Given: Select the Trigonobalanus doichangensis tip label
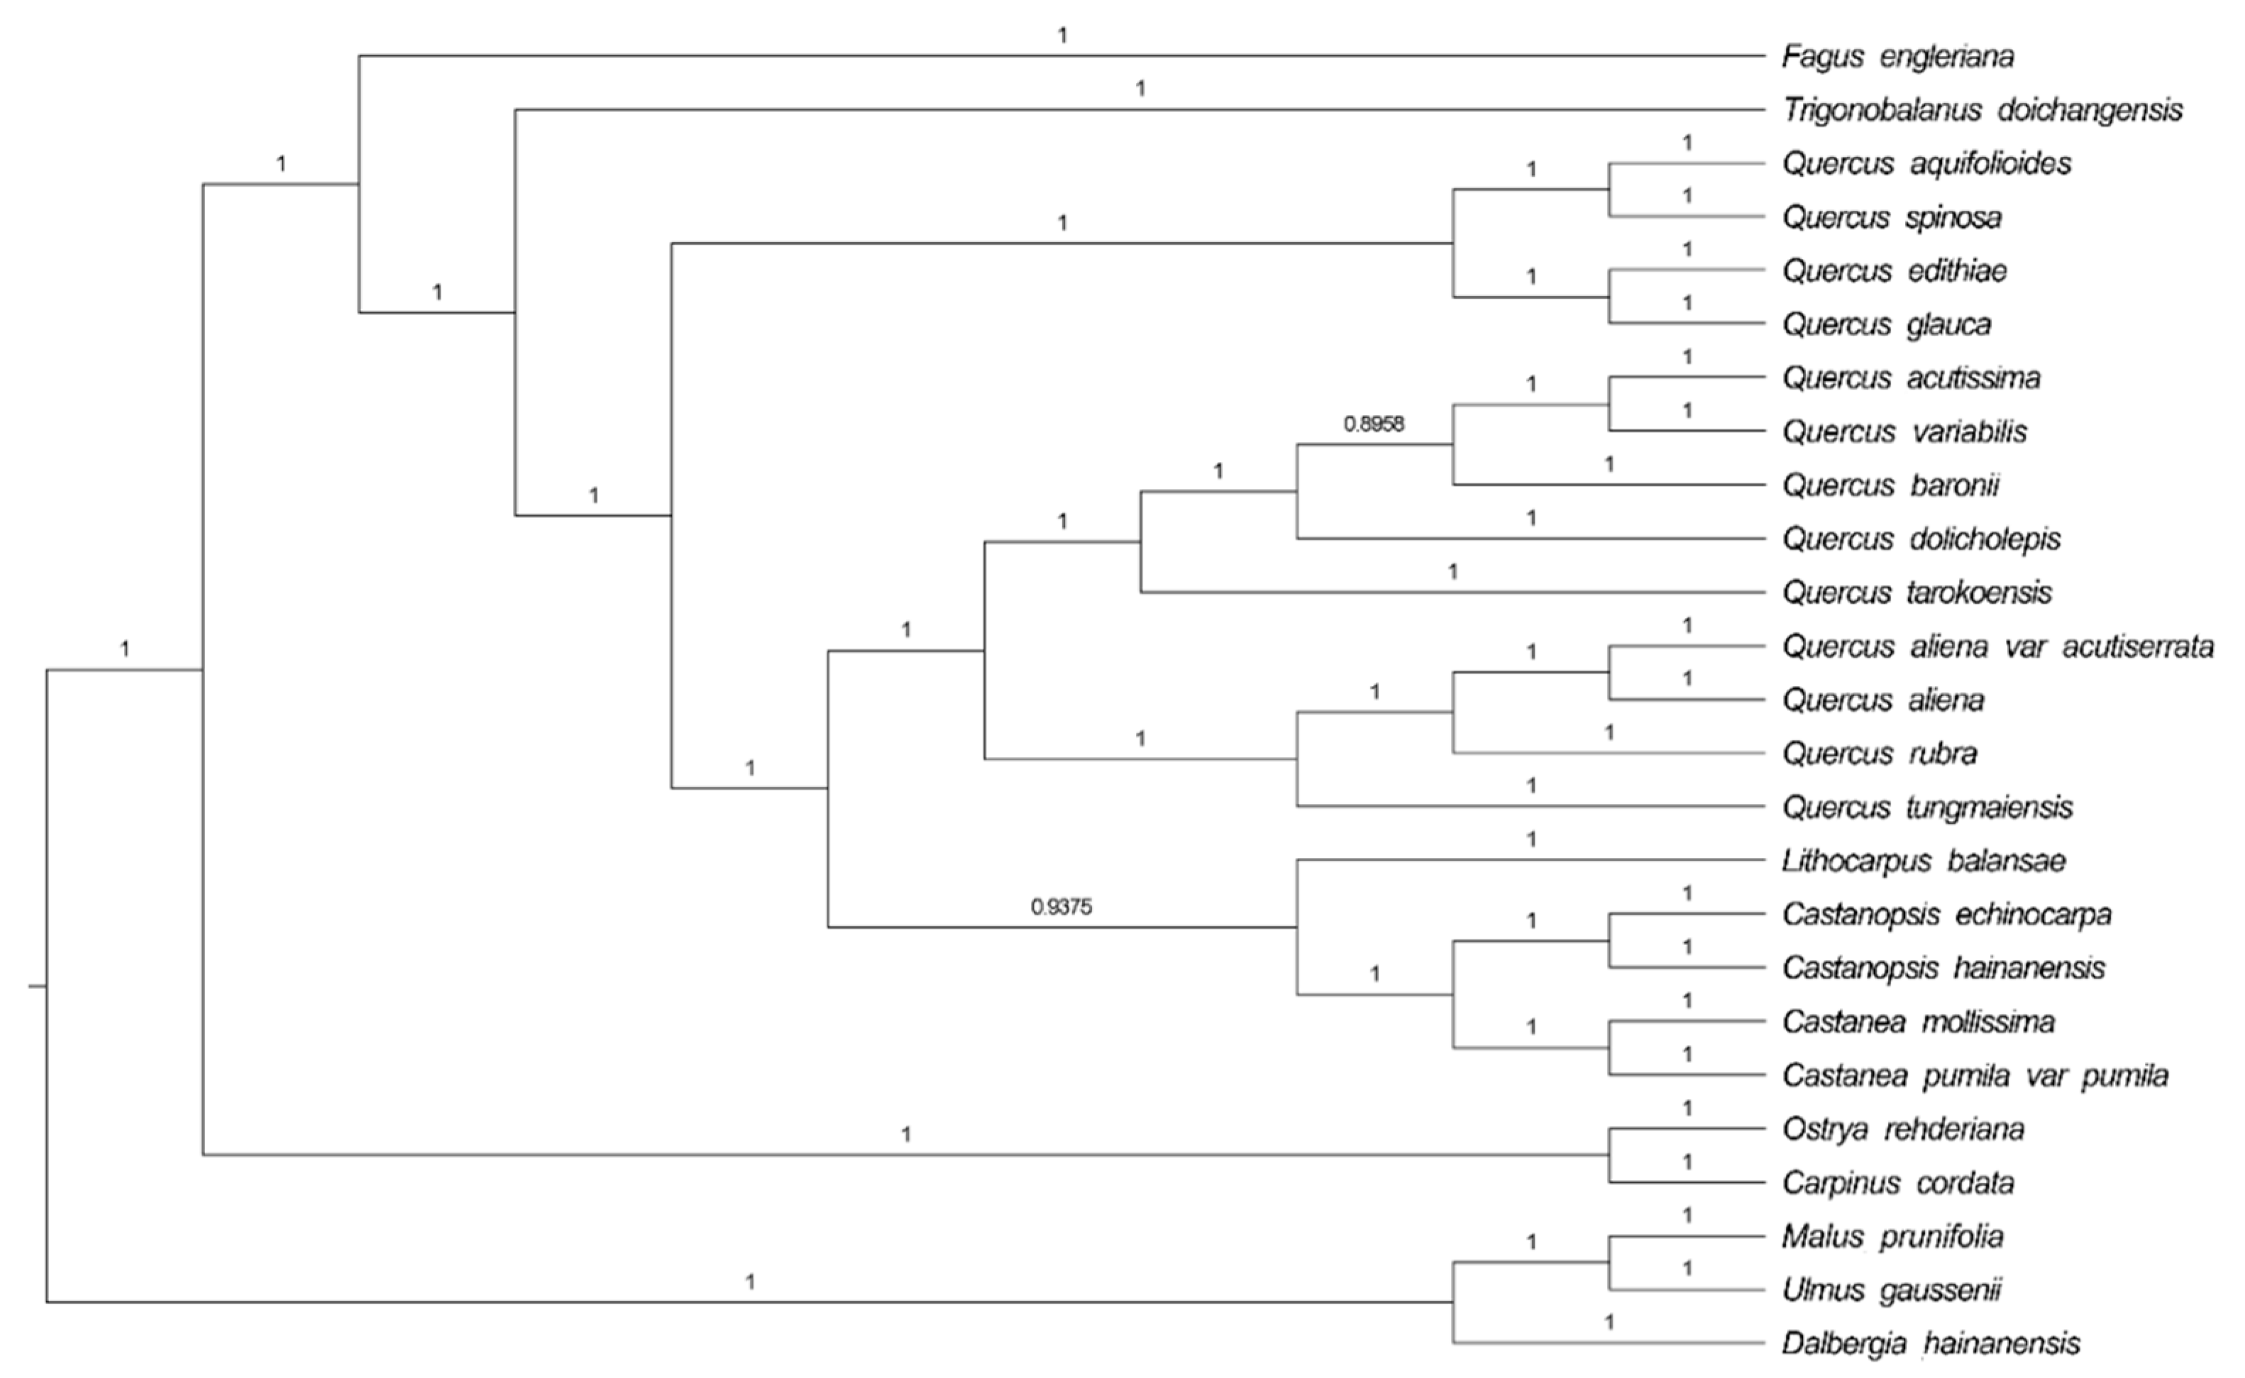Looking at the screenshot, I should click(x=1982, y=110).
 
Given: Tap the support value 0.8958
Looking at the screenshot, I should click(x=1374, y=423).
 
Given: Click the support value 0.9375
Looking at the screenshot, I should click(x=1061, y=907).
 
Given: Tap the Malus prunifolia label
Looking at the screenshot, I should click(x=1893, y=1237).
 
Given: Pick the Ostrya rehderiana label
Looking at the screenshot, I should click(x=1903, y=1129).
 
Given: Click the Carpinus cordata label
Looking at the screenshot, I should click(x=1898, y=1183).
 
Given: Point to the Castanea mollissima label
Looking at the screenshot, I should click(x=1919, y=1022).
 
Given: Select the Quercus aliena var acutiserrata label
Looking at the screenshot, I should click(x=1998, y=646).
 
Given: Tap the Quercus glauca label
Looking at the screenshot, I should click(x=1887, y=324).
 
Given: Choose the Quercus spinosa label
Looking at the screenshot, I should click(x=1892, y=217).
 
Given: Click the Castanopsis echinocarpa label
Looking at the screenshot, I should click(x=1947, y=914).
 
